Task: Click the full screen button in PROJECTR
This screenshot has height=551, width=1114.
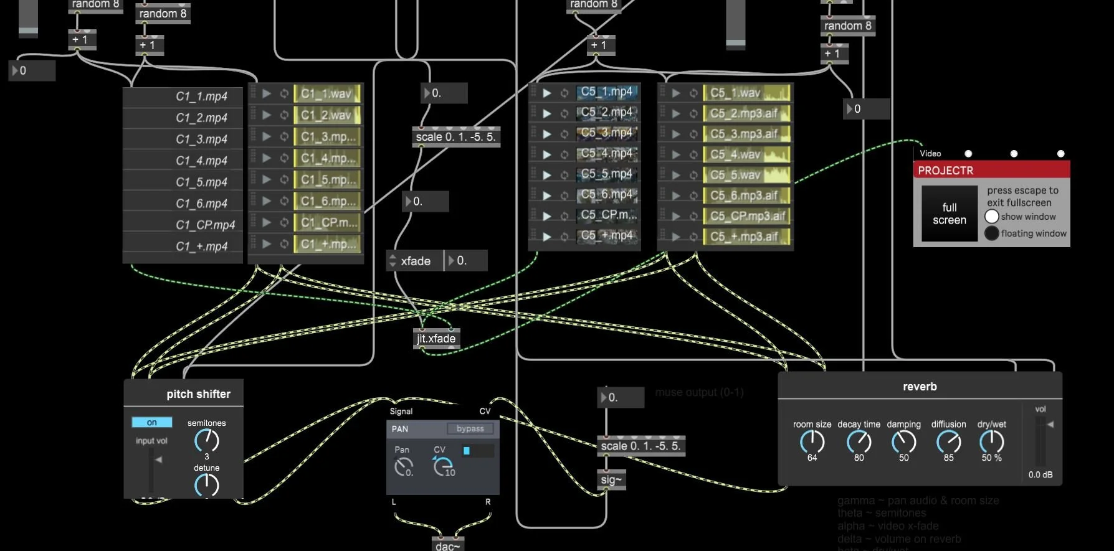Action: point(949,214)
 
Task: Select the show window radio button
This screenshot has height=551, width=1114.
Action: point(992,216)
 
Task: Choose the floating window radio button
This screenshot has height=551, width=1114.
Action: point(992,233)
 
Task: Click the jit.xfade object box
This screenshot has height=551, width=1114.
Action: point(436,338)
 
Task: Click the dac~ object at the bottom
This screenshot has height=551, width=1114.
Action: point(448,545)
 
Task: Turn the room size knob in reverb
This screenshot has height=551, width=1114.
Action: point(812,441)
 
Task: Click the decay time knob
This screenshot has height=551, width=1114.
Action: point(859,441)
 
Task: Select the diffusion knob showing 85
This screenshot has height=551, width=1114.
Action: point(948,441)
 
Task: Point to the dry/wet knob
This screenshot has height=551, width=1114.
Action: point(991,441)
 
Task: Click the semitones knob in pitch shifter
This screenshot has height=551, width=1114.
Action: point(207,440)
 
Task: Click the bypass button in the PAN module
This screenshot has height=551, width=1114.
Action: point(470,428)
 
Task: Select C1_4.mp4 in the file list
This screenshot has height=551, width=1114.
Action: point(201,160)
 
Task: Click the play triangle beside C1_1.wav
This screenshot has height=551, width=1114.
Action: point(267,93)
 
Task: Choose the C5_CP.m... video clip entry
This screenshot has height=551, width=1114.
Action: point(607,215)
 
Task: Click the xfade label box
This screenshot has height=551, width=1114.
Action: point(415,261)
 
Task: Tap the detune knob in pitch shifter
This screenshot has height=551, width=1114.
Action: point(207,484)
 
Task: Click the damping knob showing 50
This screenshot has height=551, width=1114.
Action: point(903,441)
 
